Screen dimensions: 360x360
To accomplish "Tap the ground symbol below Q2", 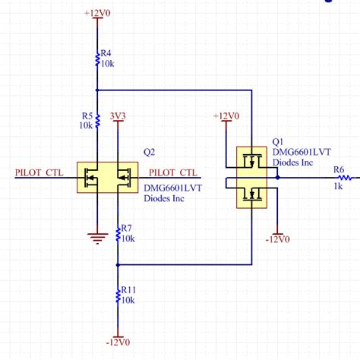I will pyautogui.click(x=96, y=238).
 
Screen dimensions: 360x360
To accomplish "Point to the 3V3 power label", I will pyautogui.click(x=118, y=116).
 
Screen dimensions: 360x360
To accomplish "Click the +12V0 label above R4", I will pyautogui.click(x=96, y=13).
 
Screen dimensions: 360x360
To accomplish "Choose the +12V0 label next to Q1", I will pyautogui.click(x=226, y=116).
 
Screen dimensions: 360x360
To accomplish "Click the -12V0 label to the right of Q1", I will pyautogui.click(x=278, y=240).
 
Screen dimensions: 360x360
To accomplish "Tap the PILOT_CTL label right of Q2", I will pyautogui.click(x=175, y=172).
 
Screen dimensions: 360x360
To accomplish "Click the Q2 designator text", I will pyautogui.click(x=149, y=151).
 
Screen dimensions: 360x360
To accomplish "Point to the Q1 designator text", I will pyautogui.click(x=277, y=141).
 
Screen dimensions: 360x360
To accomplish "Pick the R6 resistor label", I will pyautogui.click(x=339, y=170).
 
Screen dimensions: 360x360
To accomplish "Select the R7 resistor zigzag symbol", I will pyautogui.click(x=117, y=233).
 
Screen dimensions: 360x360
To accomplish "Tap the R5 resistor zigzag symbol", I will pyautogui.click(x=96, y=121).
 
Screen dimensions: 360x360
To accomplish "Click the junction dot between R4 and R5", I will pyautogui.click(x=96, y=89).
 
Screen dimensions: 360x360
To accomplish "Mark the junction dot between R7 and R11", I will pyautogui.click(x=117, y=265).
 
